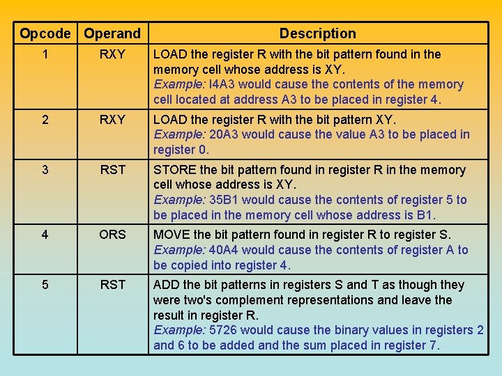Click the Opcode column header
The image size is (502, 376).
click(x=45, y=33)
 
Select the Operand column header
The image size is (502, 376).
click(x=112, y=33)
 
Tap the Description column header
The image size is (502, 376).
click(x=317, y=33)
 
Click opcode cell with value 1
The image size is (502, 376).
click(x=45, y=54)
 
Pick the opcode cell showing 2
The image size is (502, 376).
click(x=45, y=120)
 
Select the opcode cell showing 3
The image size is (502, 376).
click(x=45, y=170)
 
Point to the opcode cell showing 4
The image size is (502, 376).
click(x=45, y=235)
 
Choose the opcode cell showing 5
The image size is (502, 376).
click(x=45, y=285)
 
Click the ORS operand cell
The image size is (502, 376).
click(x=112, y=235)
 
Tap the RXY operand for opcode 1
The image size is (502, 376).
click(x=112, y=54)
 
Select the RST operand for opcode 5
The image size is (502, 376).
click(x=112, y=285)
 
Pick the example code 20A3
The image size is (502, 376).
click(x=224, y=134)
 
